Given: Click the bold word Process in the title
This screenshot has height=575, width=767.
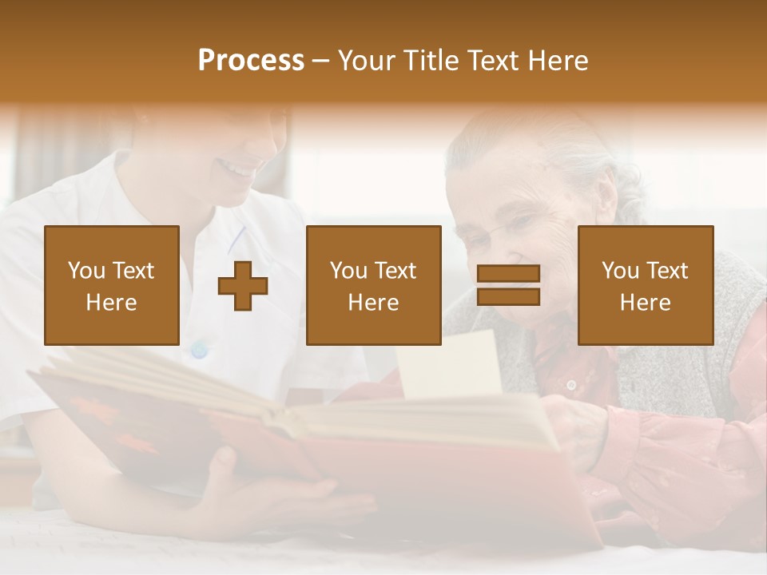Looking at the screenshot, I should click(x=251, y=61).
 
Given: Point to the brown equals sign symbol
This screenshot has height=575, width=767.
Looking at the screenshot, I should click(x=508, y=285).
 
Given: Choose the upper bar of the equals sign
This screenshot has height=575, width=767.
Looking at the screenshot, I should click(x=508, y=274).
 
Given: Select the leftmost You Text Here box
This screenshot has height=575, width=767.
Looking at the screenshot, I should click(x=112, y=286).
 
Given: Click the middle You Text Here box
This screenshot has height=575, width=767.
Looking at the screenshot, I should click(x=374, y=286).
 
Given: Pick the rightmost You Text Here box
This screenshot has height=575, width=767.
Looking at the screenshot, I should click(x=646, y=286).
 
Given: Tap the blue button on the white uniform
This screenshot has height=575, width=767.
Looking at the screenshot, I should click(x=199, y=350).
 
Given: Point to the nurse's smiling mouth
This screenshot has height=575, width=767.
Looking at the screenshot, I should click(x=239, y=169).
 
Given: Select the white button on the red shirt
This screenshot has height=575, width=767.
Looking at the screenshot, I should click(x=570, y=385).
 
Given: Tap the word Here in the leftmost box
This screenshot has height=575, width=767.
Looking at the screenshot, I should click(x=111, y=303).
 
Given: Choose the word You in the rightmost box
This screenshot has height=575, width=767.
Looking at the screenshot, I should click(x=621, y=271).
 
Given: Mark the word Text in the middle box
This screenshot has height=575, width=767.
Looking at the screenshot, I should click(x=395, y=271).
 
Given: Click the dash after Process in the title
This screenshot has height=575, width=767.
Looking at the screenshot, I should click(x=321, y=61).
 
